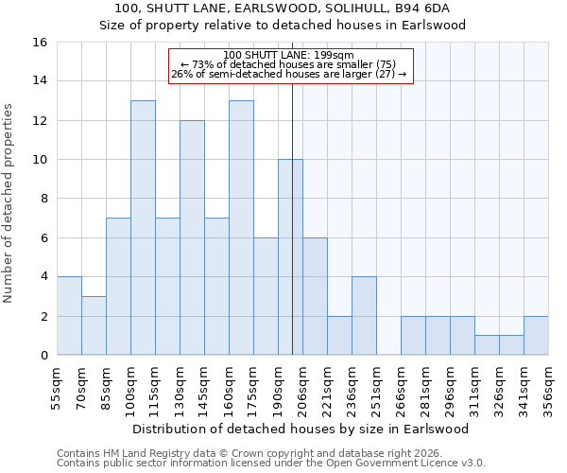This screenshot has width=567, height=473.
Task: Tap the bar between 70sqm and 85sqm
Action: click(x=94, y=325)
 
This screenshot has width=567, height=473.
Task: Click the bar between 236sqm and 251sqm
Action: click(x=364, y=316)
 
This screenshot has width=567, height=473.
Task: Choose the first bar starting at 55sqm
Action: click(x=69, y=316)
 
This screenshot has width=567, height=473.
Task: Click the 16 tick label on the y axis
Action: click(x=39, y=43)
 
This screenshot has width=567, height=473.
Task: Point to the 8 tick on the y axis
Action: click(x=43, y=199)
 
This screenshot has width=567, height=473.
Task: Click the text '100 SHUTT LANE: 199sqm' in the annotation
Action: click(x=291, y=55)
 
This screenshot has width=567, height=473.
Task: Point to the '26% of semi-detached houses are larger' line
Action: click(x=291, y=74)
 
